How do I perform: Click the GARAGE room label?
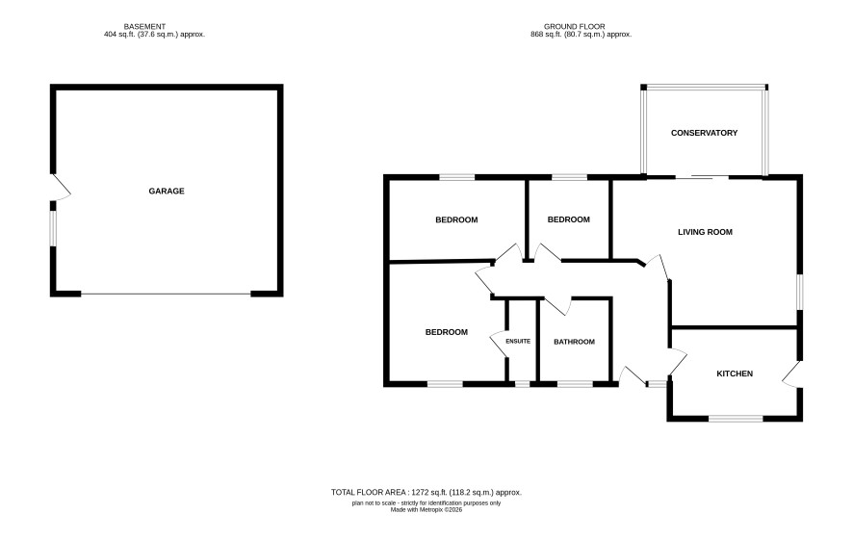167,191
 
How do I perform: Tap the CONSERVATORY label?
704,133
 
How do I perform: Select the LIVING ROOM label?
705,232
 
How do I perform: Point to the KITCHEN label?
735,373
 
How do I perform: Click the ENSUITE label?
518,342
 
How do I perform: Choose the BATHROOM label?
574,342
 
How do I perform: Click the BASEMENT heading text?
144,26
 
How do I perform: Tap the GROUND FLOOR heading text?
575,26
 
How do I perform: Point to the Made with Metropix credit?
426,510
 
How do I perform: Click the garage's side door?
61,188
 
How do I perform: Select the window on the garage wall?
53,228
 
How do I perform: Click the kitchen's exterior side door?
792,374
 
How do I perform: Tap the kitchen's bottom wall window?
737,418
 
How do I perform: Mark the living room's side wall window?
800,292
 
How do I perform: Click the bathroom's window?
575,384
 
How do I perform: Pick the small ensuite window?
522,384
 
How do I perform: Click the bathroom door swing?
557,306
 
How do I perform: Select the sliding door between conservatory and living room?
702,177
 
